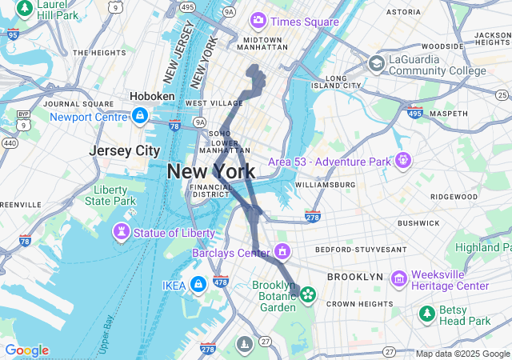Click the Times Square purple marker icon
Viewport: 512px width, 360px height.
pyautogui.click(x=258, y=20)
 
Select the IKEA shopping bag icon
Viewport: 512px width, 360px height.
pyautogui.click(x=198, y=285)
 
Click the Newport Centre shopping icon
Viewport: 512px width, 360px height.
pyautogui.click(x=141, y=116)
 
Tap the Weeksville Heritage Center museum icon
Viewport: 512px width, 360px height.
pyautogui.click(x=398, y=278)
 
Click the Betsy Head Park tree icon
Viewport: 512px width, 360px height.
pyautogui.click(x=427, y=313)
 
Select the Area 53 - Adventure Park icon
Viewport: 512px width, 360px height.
pyautogui.click(x=402, y=162)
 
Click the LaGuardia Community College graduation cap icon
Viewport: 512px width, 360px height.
pyautogui.click(x=376, y=63)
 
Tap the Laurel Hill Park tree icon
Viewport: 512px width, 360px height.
pyautogui.click(x=25, y=8)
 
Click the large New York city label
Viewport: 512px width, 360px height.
pyautogui.click(x=211, y=171)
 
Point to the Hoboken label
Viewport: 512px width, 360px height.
pyautogui.click(x=152, y=96)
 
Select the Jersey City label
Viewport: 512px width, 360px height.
pyautogui.click(x=125, y=151)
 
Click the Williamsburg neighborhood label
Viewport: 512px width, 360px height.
pyautogui.click(x=325, y=185)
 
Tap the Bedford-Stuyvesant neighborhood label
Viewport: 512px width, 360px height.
pyautogui.click(x=361, y=250)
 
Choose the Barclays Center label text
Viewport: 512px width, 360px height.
pyautogui.click(x=230, y=254)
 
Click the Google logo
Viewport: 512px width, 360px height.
pyautogui.click(x=26, y=350)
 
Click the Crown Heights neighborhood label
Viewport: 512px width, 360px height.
pyautogui.click(x=358, y=303)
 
